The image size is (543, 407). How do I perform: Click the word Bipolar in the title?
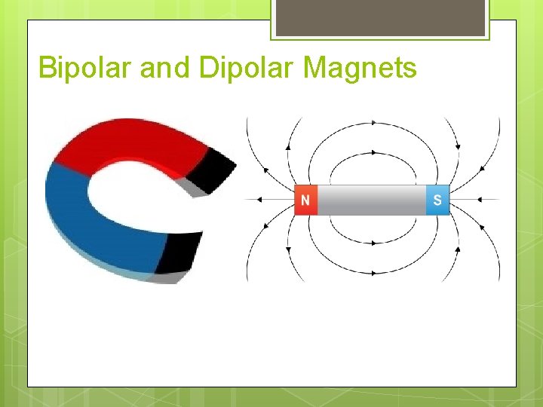pos(86,68)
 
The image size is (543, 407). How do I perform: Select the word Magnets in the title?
pos(360,68)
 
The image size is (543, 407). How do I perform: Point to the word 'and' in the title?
pos(166,68)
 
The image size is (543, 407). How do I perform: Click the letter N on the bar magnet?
pos(305,200)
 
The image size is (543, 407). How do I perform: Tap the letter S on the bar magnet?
pos(437,200)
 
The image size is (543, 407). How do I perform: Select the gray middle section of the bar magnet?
pos(371,200)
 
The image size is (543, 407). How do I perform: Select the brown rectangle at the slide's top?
pos(380,17)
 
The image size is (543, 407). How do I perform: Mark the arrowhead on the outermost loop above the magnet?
pos(373,122)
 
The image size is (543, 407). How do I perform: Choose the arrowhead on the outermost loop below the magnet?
pos(373,273)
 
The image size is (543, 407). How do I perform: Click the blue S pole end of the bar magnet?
pos(438,200)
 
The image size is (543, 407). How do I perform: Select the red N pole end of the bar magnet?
pos(305,200)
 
